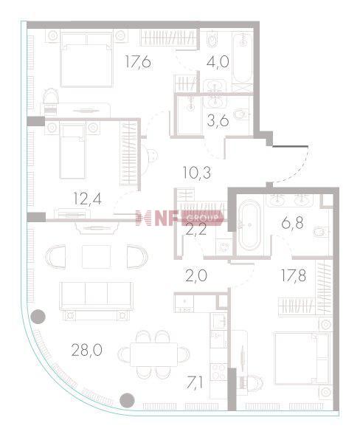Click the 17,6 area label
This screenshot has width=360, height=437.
138,61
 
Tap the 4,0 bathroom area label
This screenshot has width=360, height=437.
218,61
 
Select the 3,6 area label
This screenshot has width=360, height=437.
218,120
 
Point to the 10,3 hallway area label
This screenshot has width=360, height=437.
196,173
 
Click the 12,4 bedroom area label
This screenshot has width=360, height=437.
87,199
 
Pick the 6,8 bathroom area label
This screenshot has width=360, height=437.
292,223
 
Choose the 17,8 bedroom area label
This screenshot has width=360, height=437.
294,275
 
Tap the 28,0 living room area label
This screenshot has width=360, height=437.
86,350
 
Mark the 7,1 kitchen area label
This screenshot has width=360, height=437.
195,382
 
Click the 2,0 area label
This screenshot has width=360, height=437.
196,276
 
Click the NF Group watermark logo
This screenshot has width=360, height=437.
179,218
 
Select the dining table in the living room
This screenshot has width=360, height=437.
153,354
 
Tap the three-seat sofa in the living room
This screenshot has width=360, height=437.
96,297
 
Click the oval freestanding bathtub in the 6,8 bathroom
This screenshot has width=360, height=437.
250,225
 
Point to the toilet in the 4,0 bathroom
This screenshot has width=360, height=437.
212,41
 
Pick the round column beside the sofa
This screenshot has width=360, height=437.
38,317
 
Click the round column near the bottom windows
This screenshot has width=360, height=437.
127,400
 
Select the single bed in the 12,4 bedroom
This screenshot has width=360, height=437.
72,151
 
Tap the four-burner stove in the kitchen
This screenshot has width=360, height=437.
218,371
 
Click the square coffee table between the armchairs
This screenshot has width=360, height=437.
97,257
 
